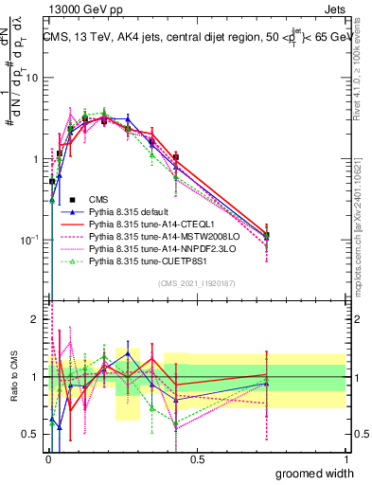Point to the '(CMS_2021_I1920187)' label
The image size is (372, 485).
click(x=198, y=283)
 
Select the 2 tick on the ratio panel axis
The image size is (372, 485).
click(x=39, y=319)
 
